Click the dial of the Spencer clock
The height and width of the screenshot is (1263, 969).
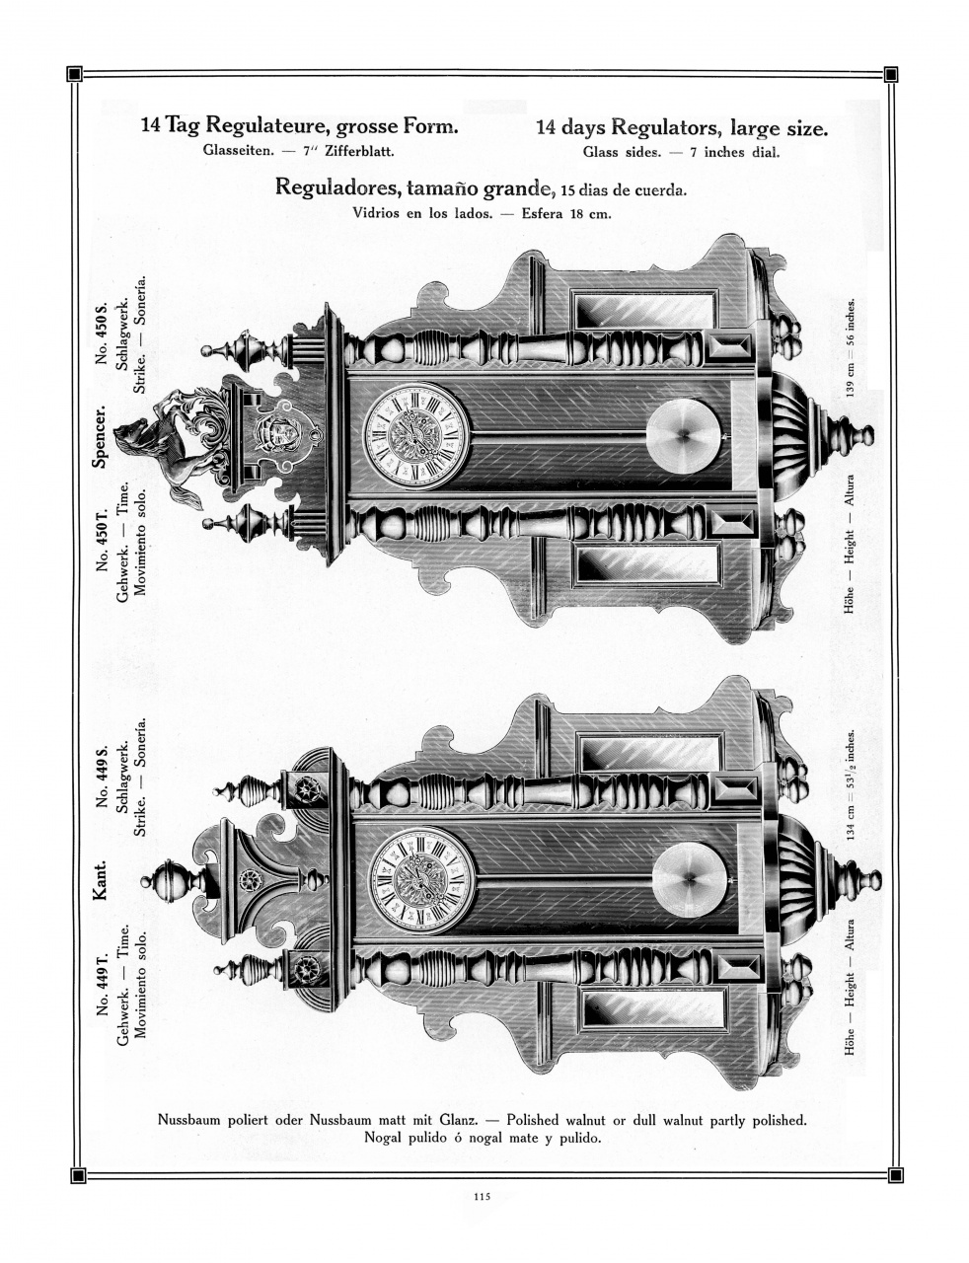[415, 436]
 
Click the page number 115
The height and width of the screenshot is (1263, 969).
[482, 1197]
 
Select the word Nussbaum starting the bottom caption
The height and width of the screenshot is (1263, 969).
[192, 1120]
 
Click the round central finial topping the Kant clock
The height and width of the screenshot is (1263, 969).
[174, 879]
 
